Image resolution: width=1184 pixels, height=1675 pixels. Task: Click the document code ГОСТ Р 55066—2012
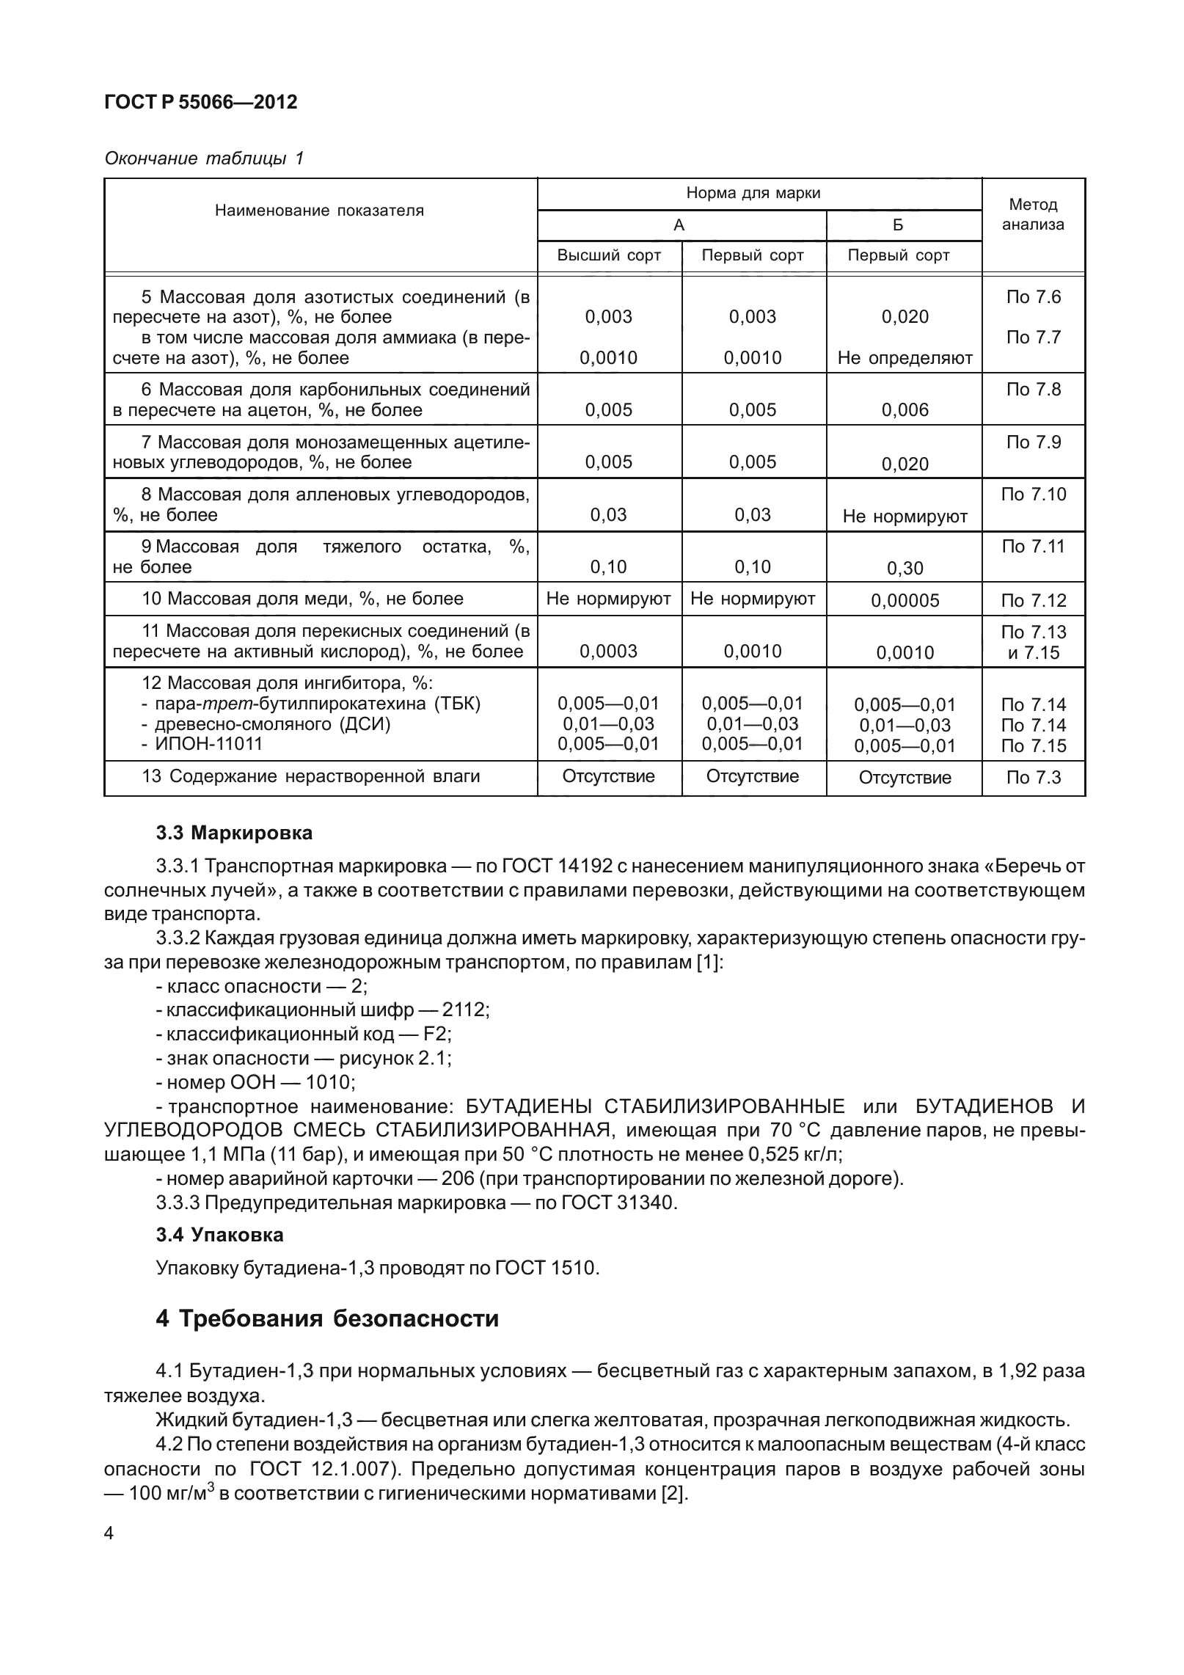pyautogui.click(x=201, y=103)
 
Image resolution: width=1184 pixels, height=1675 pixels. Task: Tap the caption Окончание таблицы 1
pyautogui.click(x=204, y=158)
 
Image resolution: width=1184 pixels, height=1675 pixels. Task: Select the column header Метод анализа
pyautogui.click(x=1033, y=214)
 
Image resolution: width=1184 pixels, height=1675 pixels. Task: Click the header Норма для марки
pyautogui.click(x=753, y=194)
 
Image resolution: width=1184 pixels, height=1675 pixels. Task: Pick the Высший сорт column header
pyautogui.click(x=609, y=255)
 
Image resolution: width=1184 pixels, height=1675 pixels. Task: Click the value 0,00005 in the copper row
pyautogui.click(x=905, y=601)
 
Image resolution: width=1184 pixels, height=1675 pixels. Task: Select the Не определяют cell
pyautogui.click(x=905, y=358)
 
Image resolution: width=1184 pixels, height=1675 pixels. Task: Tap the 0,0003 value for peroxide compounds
pyautogui.click(x=609, y=652)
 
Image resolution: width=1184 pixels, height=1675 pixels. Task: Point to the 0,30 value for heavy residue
pyautogui.click(x=905, y=569)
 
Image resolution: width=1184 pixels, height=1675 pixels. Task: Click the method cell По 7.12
pyautogui.click(x=1033, y=601)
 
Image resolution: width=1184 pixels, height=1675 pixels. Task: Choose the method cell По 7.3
pyautogui.click(x=1033, y=778)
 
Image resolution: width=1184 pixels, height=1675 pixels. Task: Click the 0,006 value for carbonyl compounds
pyautogui.click(x=905, y=411)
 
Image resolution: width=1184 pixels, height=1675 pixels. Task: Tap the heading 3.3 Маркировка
pyautogui.click(x=234, y=833)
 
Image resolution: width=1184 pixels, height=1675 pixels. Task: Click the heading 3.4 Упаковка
pyautogui.click(x=219, y=1235)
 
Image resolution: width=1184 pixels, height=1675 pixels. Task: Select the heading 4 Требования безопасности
pyautogui.click(x=327, y=1318)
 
